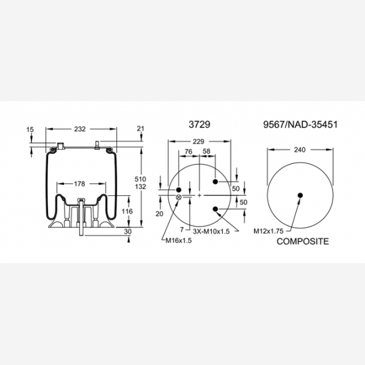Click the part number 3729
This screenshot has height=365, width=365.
(199, 124)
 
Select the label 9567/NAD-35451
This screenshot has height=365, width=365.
(300, 125)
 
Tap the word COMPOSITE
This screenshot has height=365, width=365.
(303, 241)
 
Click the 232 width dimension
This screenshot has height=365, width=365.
(80, 129)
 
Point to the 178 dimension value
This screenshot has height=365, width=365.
(79, 184)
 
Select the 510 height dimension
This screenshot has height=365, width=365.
(140, 179)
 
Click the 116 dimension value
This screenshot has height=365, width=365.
(127, 211)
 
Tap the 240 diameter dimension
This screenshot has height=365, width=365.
(300, 150)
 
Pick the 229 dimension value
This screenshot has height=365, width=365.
(199, 142)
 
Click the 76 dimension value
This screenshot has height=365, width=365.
(188, 152)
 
